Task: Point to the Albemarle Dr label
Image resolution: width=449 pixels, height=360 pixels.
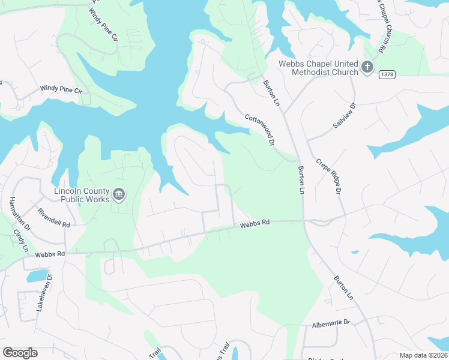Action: [331, 323]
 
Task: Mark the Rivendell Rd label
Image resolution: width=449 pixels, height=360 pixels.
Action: [54, 218]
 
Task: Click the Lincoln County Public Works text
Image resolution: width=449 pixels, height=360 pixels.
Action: [82, 195]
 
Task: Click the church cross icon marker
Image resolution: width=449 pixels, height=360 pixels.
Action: [367, 67]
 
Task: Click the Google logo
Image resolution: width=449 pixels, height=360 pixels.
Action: [20, 353]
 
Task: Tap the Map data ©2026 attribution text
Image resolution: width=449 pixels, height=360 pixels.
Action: [423, 355]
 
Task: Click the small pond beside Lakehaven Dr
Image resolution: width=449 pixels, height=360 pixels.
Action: [37, 276]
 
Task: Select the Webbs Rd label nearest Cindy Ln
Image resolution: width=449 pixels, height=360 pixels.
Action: [49, 254]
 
